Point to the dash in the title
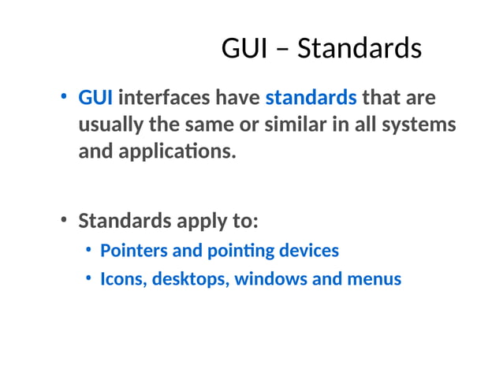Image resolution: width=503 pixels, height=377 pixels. click(x=281, y=50)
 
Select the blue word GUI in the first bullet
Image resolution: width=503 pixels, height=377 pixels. click(x=95, y=99)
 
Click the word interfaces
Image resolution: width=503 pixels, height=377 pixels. click(x=164, y=99)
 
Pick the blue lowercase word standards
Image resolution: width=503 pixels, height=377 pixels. click(x=311, y=99)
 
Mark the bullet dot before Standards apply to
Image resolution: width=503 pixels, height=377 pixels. click(x=65, y=220)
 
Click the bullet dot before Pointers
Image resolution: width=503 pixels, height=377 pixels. click(x=89, y=250)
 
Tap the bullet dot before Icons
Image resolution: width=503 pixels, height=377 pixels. click(x=89, y=278)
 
